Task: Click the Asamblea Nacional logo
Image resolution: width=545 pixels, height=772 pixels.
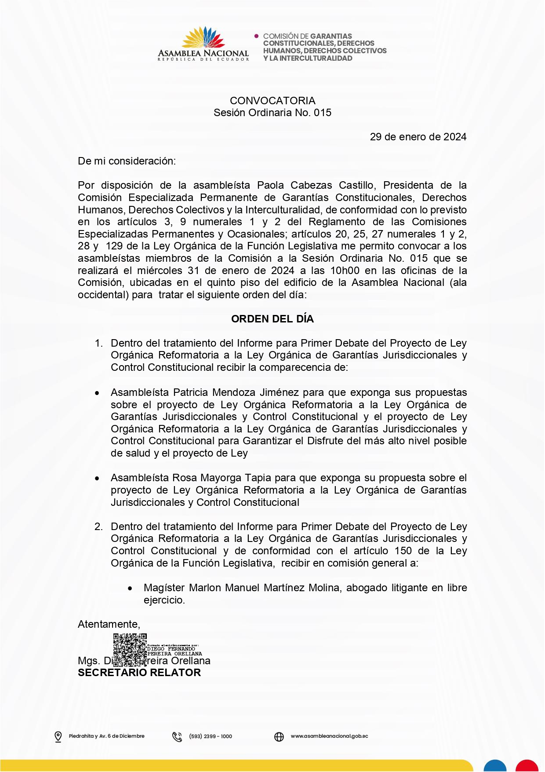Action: coord(203,44)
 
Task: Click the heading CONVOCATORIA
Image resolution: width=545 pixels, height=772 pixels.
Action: coord(272,101)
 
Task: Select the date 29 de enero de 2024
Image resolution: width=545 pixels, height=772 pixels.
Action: coord(418,137)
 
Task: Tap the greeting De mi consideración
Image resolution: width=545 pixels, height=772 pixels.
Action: coord(127,161)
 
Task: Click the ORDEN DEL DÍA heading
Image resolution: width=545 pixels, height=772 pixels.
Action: coord(272,319)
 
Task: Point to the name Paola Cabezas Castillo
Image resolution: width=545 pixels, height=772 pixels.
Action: coord(316,185)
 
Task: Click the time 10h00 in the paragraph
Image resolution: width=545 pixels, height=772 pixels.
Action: coord(345,271)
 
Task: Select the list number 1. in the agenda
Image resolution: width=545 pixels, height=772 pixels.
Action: coord(99,343)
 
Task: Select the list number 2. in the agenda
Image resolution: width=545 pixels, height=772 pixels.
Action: coord(99,527)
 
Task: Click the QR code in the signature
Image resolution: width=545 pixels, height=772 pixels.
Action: coord(130,650)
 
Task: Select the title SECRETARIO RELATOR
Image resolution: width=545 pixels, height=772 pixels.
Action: coord(139,673)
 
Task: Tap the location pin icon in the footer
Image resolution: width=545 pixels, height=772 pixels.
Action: coord(58,736)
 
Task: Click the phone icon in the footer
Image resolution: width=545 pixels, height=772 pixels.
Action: coord(177,736)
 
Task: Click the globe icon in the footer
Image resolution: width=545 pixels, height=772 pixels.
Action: coord(279,736)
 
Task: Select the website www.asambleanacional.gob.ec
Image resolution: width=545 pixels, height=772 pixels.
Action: coord(329,736)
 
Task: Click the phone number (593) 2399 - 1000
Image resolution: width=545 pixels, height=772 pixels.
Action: coord(211,736)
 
